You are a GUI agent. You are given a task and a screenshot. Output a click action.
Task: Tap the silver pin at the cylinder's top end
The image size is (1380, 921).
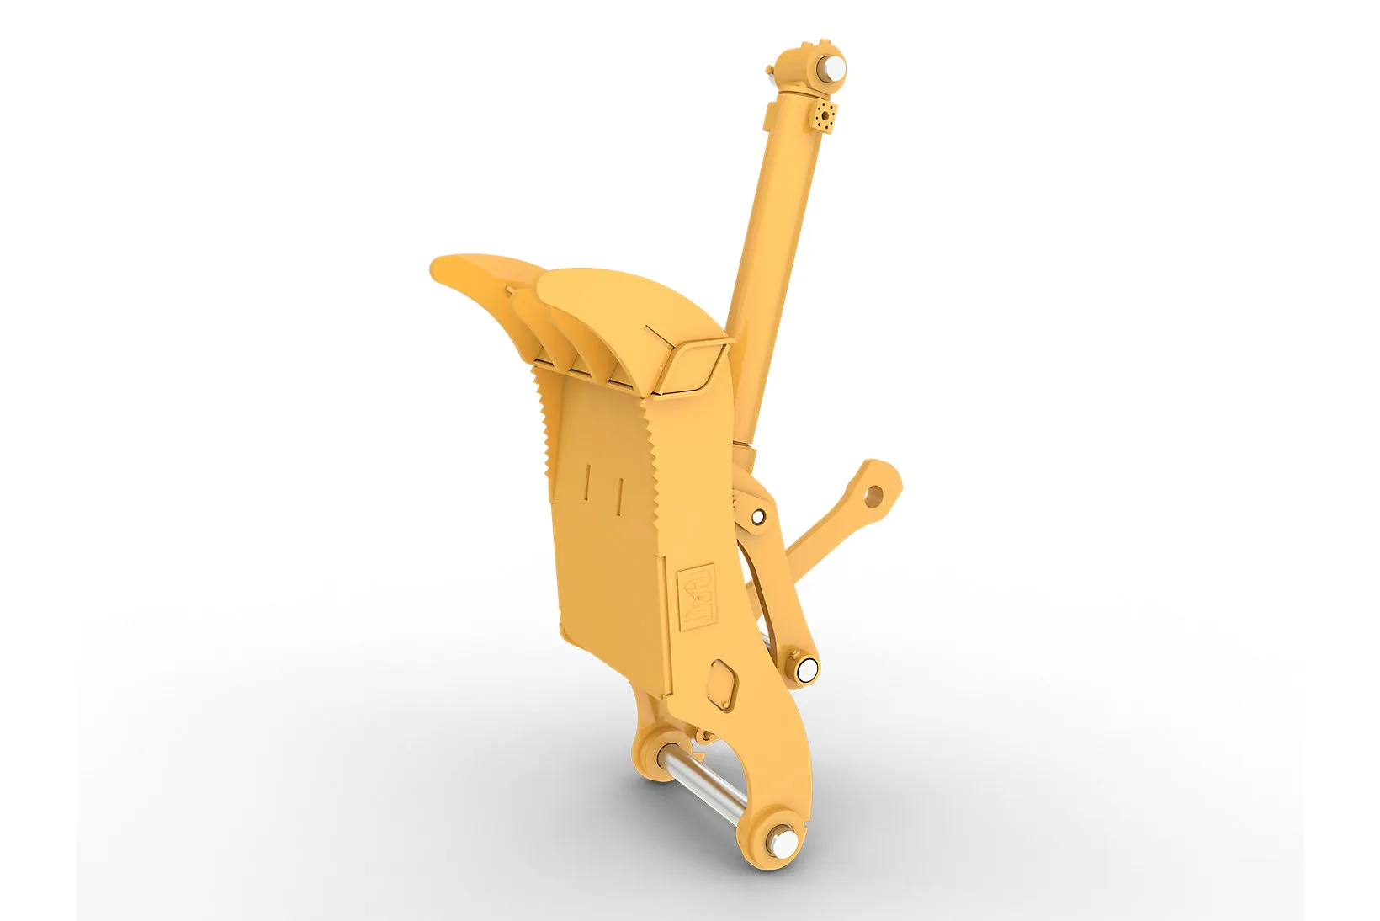pyautogui.click(x=834, y=68)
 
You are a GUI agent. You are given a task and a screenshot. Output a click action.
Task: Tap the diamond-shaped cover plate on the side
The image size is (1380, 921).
pyautogui.click(x=723, y=684)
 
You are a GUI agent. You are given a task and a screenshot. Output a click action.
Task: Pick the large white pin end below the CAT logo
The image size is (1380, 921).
pyautogui.click(x=807, y=668)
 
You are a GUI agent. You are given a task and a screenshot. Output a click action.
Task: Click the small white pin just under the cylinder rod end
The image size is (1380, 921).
pyautogui.click(x=758, y=515)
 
